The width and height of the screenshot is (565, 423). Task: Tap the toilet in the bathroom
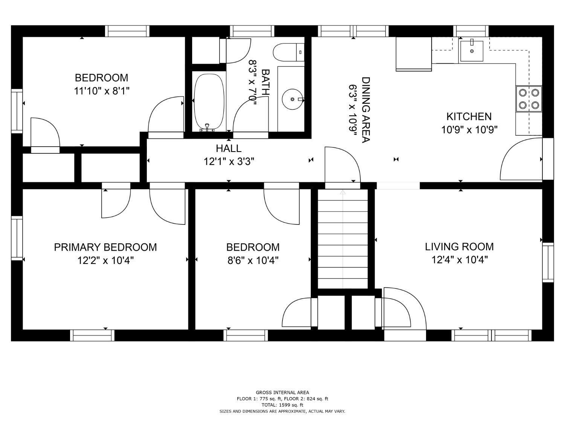pyautogui.click(x=288, y=52)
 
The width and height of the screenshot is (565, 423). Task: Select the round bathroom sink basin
pyautogui.click(x=292, y=99)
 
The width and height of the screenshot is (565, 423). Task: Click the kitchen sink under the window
pyautogui.click(x=472, y=51)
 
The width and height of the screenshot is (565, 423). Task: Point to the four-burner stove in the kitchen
pyautogui.click(x=529, y=99)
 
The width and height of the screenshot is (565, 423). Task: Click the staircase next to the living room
pyautogui.click(x=343, y=239)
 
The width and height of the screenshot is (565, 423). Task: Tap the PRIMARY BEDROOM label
pyautogui.click(x=105, y=247)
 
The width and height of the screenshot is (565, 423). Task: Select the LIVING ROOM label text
pyautogui.click(x=459, y=247)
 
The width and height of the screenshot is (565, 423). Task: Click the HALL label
pyautogui.click(x=229, y=148)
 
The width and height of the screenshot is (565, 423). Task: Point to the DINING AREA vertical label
pyautogui.click(x=366, y=110)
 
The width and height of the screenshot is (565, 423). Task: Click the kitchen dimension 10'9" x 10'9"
pyautogui.click(x=469, y=130)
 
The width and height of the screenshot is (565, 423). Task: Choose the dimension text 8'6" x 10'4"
pyautogui.click(x=253, y=261)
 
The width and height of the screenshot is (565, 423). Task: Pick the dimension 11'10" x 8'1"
pyautogui.click(x=102, y=91)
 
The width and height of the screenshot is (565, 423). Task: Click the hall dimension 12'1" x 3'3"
pyautogui.click(x=229, y=162)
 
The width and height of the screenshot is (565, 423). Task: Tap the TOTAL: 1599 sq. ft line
pyautogui.click(x=282, y=405)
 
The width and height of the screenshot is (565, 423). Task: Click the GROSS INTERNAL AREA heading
pyautogui.click(x=282, y=392)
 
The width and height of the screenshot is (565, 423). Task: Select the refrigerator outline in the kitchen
pyautogui.click(x=414, y=54)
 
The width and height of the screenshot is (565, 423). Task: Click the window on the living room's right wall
pyautogui.click(x=548, y=262)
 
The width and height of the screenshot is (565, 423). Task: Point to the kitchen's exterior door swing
pyautogui.click(x=521, y=159)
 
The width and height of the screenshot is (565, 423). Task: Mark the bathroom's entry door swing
pyautogui.click(x=250, y=115)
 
